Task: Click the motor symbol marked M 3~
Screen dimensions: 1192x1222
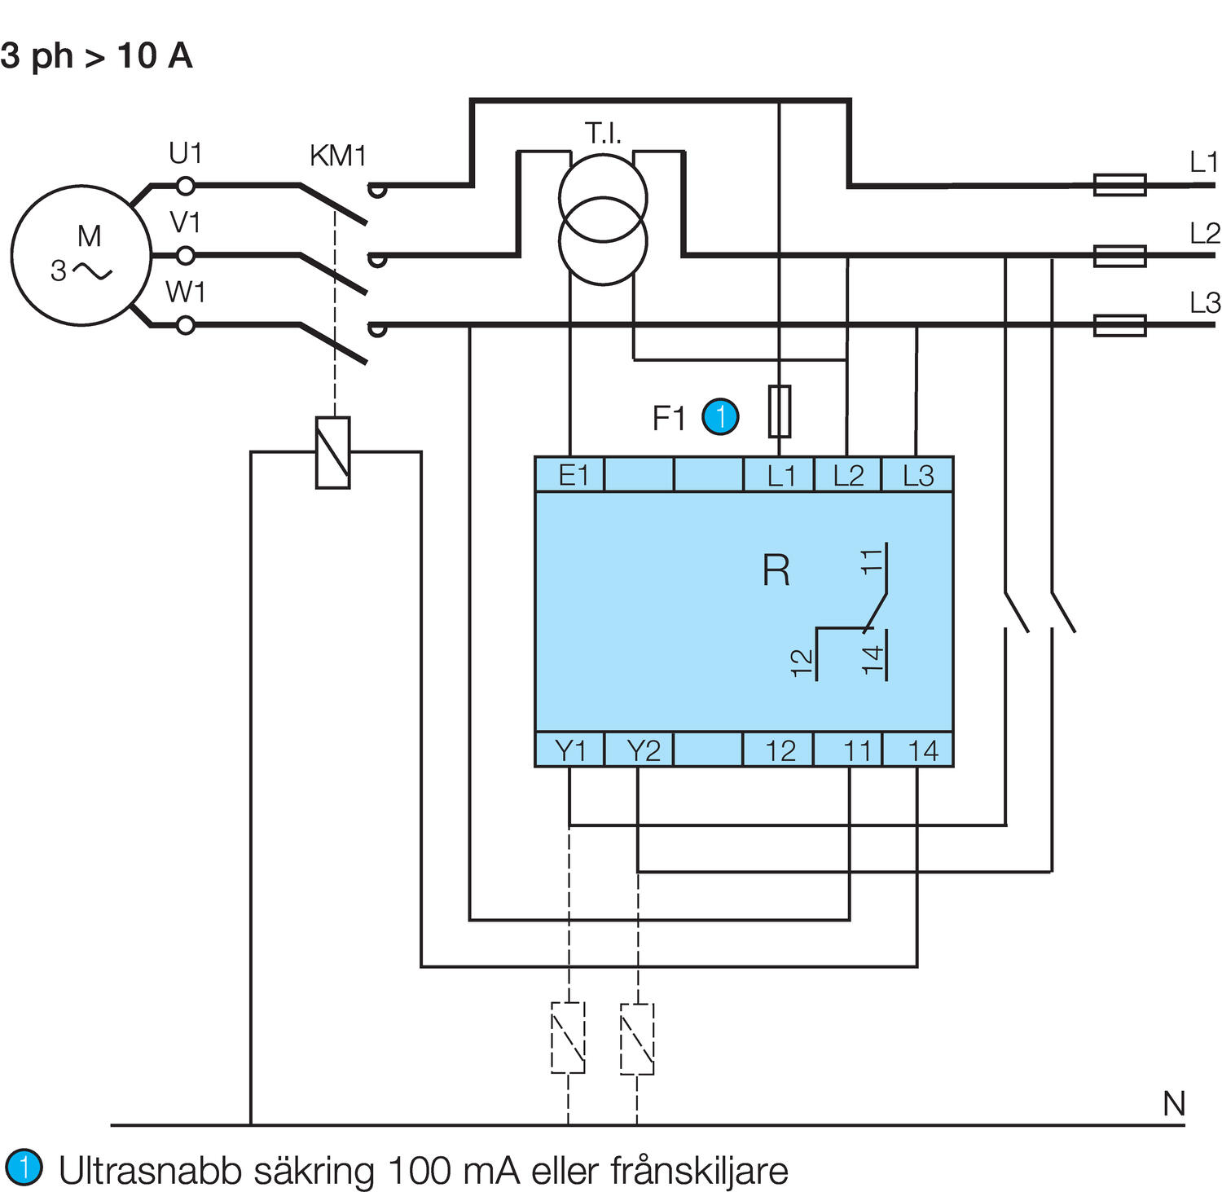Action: pos(81,255)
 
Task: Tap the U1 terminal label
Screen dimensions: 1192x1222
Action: pos(185,153)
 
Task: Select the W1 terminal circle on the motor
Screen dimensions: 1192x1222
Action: pos(186,326)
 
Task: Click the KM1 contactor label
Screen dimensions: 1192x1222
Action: pos(337,156)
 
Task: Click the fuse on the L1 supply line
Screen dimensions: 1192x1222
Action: pos(1119,185)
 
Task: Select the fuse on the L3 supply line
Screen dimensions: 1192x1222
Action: pos(1119,325)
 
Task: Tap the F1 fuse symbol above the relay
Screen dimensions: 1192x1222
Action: pos(780,411)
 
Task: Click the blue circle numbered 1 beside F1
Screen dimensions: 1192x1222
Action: pos(720,417)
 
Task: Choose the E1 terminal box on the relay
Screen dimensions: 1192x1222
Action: pos(570,475)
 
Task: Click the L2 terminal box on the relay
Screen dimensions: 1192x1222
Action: pos(848,475)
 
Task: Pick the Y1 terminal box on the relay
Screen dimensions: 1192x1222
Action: pos(569,750)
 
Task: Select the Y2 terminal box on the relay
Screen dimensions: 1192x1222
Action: pos(640,750)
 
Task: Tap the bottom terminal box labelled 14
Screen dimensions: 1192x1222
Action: pos(919,750)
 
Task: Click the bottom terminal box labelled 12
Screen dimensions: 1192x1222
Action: pos(779,750)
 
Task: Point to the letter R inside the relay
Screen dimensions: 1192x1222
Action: pos(776,570)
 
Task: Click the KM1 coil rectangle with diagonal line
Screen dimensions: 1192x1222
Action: pos(332,453)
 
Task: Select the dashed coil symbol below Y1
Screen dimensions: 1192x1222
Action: pos(568,1038)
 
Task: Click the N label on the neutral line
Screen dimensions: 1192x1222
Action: pos(1173,1104)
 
